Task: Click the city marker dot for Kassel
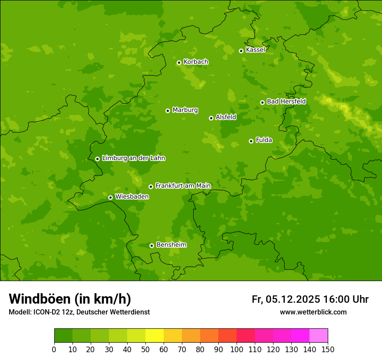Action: pos(241,51)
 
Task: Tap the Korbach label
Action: pos(196,62)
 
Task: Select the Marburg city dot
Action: pos(168,111)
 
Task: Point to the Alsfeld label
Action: pos(226,117)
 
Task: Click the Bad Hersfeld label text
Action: pos(286,101)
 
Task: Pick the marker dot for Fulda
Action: pos(251,141)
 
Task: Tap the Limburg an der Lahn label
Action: pos(133,158)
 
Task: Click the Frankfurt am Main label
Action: pos(183,186)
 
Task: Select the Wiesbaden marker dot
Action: pos(110,197)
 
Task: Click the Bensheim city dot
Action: pos(151,245)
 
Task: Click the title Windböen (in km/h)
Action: pos(70,299)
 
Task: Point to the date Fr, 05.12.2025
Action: pos(286,299)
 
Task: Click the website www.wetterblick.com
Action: pos(313,312)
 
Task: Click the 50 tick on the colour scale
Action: pos(145,349)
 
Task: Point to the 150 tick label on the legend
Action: pos(328,349)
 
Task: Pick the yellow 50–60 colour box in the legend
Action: pos(154,336)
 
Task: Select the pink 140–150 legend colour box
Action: pos(319,336)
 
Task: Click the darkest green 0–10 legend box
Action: pos(63,336)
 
